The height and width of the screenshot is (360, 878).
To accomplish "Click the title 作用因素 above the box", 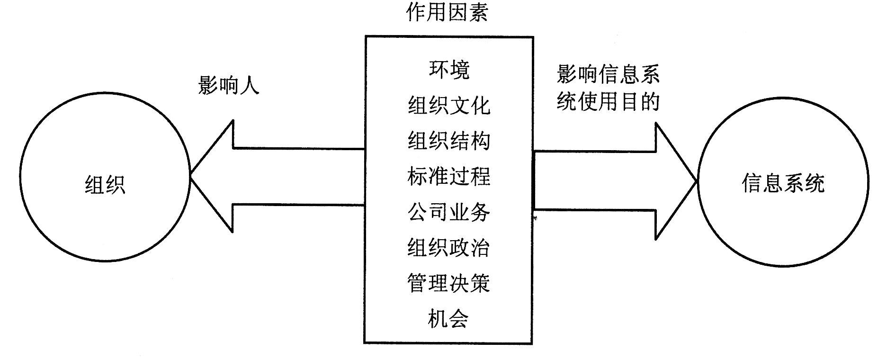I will (x=447, y=13).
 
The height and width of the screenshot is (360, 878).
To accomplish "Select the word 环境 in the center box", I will (x=448, y=70).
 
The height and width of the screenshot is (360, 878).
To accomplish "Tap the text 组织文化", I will (x=448, y=105).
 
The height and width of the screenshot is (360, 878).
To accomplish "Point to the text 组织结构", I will (x=448, y=141).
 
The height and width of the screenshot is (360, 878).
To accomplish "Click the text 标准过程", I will (x=448, y=176).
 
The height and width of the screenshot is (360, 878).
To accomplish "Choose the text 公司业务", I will (x=448, y=212).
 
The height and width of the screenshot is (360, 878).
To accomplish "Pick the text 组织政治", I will (x=448, y=247).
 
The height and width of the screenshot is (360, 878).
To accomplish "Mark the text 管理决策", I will (x=448, y=283).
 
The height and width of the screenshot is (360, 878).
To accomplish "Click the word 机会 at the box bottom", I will (x=448, y=318).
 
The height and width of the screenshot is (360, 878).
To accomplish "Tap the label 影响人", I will (x=228, y=86).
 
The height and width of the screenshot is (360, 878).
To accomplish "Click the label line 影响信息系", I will (x=608, y=74).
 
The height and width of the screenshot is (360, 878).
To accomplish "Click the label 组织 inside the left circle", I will (x=105, y=184).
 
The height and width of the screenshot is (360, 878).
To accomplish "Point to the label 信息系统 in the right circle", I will (x=783, y=183).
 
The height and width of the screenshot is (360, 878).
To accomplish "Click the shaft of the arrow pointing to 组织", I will (x=298, y=177).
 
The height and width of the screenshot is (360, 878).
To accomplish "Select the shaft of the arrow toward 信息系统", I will (x=594, y=180).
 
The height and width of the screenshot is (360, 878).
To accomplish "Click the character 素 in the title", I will (x=478, y=13).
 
